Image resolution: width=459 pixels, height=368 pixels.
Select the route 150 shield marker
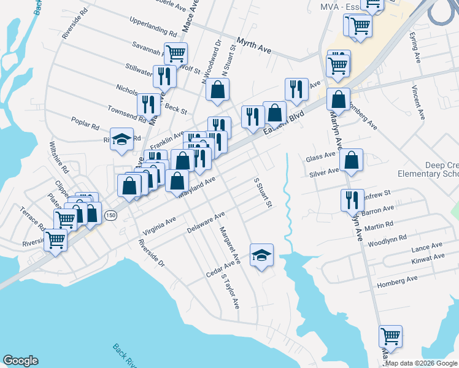pyautogui.click(x=110, y=215)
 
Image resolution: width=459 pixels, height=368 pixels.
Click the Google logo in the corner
pyautogui.click(x=20, y=361)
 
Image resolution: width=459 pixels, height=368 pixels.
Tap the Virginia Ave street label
pyautogui.click(x=159, y=226)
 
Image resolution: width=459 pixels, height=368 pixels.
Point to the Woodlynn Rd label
pyautogui.click(x=387, y=240)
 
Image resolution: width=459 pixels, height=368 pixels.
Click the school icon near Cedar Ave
pyautogui.click(x=262, y=255)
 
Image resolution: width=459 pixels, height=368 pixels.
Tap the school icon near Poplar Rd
pyautogui.click(x=121, y=139)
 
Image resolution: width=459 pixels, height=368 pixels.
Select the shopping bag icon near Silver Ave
pyautogui.click(x=351, y=160)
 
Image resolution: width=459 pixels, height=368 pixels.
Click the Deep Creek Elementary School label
pyautogui.click(x=441, y=170)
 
